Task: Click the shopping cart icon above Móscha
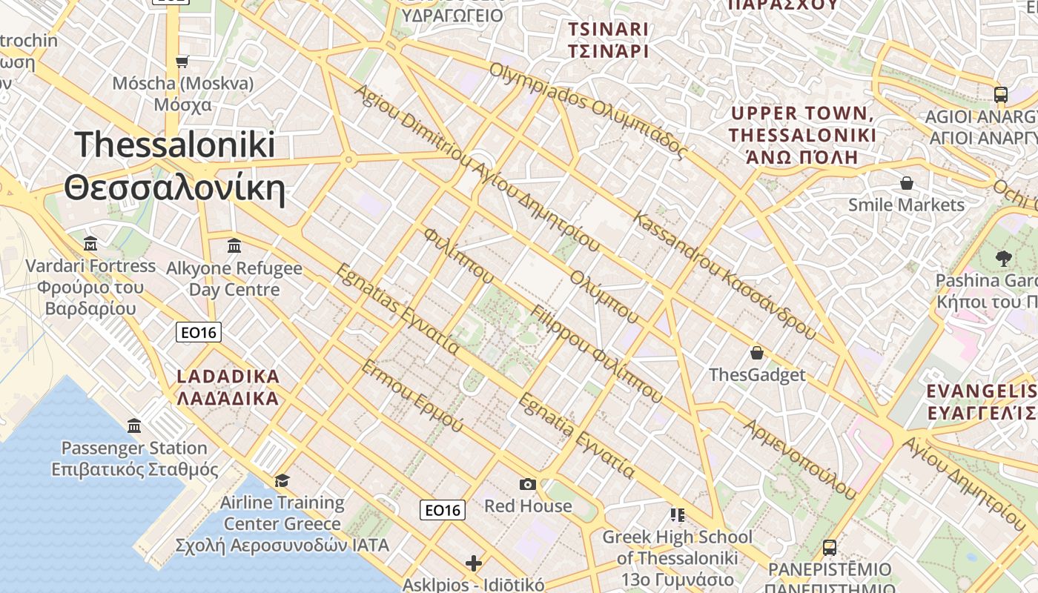tap(182, 62)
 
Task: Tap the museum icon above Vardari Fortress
tap(90, 243)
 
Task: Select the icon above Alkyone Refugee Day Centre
tap(234, 245)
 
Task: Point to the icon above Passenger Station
tap(134, 425)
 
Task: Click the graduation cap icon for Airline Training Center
tap(282, 480)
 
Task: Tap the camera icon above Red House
tap(527, 484)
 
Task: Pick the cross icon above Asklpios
tap(474, 563)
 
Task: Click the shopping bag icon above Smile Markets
tap(906, 183)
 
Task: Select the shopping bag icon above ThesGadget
tap(756, 353)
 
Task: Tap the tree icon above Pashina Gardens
tap(1004, 259)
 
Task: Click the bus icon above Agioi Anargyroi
tap(1000, 94)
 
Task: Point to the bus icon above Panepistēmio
tap(829, 548)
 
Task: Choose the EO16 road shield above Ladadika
tap(199, 332)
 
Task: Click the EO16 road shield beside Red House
tap(443, 510)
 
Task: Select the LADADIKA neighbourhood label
tap(228, 387)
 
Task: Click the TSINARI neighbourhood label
tap(608, 40)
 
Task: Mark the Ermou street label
tap(411, 397)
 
